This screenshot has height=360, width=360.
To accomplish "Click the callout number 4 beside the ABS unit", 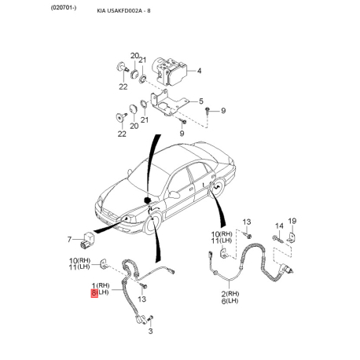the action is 199,71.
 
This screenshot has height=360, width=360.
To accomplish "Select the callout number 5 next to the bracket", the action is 201,101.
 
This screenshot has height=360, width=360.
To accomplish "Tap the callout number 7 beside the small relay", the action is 69,240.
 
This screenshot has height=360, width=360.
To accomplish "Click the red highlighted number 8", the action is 94,293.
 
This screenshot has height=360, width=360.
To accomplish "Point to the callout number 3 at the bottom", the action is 150,331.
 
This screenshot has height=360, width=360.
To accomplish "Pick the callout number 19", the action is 292,221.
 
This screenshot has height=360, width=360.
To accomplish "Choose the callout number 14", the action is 279,226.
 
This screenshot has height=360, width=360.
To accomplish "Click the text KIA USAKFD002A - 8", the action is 123,11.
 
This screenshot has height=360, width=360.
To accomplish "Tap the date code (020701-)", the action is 64,8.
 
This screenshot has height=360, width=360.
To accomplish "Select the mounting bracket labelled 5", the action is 169,103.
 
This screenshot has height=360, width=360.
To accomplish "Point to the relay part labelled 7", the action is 86,240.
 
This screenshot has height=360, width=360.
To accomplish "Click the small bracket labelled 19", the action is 292,237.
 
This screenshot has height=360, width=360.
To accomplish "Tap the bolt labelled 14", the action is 277,239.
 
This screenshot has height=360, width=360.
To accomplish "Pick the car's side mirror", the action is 174,194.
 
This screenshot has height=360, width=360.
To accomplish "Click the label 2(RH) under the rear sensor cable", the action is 230,294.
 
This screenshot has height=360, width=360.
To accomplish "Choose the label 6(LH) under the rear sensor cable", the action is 230,301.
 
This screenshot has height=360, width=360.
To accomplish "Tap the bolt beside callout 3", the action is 150,319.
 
